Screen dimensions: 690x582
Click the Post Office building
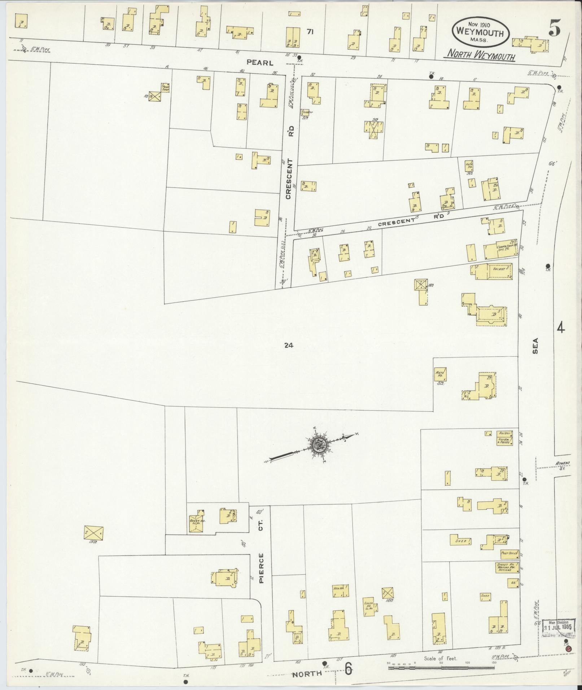click(x=509, y=553)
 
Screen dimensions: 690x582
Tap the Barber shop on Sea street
click(x=503, y=433)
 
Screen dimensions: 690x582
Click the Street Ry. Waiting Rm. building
click(x=507, y=567)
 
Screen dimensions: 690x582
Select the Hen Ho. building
click(x=340, y=590)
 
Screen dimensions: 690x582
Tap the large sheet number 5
click(x=555, y=30)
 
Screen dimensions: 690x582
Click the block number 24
click(x=288, y=345)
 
